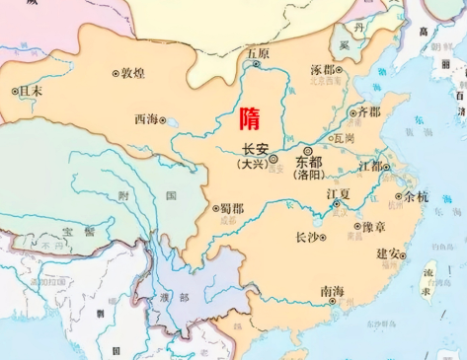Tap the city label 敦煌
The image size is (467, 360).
tap(133, 73)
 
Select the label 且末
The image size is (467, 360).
tap(32, 90)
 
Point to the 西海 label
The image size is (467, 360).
tap(146, 119)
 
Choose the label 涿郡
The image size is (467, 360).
tap(324, 71)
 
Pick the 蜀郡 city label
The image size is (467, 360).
tap(231, 209)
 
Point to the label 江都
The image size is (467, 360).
tap(374, 165)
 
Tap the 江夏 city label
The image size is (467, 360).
tap(339, 195)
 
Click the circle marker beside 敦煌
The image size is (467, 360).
tap(116, 73)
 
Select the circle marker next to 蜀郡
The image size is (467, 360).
tap(214, 209)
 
